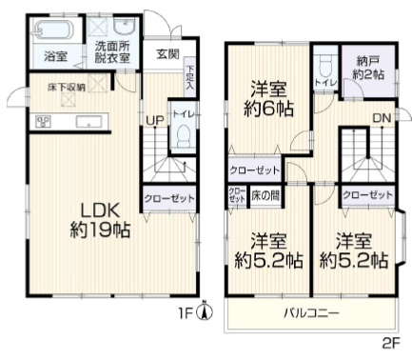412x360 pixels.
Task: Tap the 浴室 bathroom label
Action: [x=55, y=57]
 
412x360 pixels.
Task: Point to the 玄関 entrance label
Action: [x=167, y=53]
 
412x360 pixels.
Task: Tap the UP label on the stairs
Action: [x=152, y=120]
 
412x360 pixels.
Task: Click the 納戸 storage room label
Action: [x=368, y=68]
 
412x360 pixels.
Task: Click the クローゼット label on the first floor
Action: [x=168, y=198]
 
